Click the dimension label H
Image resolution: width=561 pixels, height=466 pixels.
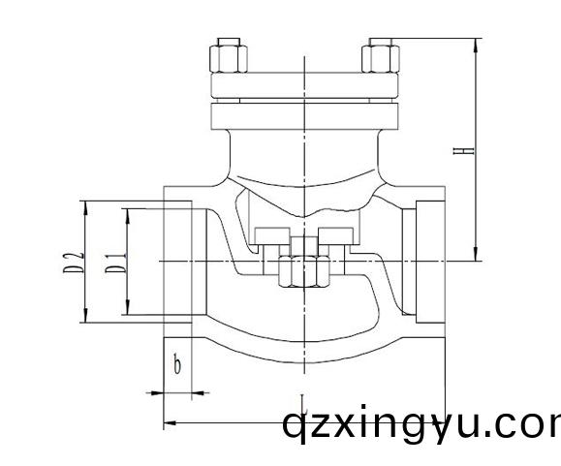(x=467, y=151)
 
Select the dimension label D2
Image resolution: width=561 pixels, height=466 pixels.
(x=71, y=262)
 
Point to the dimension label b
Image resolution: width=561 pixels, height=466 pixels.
(x=176, y=365)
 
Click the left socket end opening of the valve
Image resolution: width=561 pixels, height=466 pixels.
(x=180, y=262)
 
